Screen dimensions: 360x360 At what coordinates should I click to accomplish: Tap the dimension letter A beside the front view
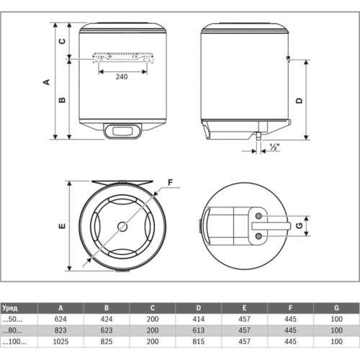click(x=47, y=81)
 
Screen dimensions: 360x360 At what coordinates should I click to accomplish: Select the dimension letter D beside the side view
click(x=297, y=99)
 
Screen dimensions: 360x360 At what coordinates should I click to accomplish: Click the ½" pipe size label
click(x=274, y=147)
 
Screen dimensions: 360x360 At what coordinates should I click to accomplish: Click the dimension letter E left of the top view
click(x=62, y=226)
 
